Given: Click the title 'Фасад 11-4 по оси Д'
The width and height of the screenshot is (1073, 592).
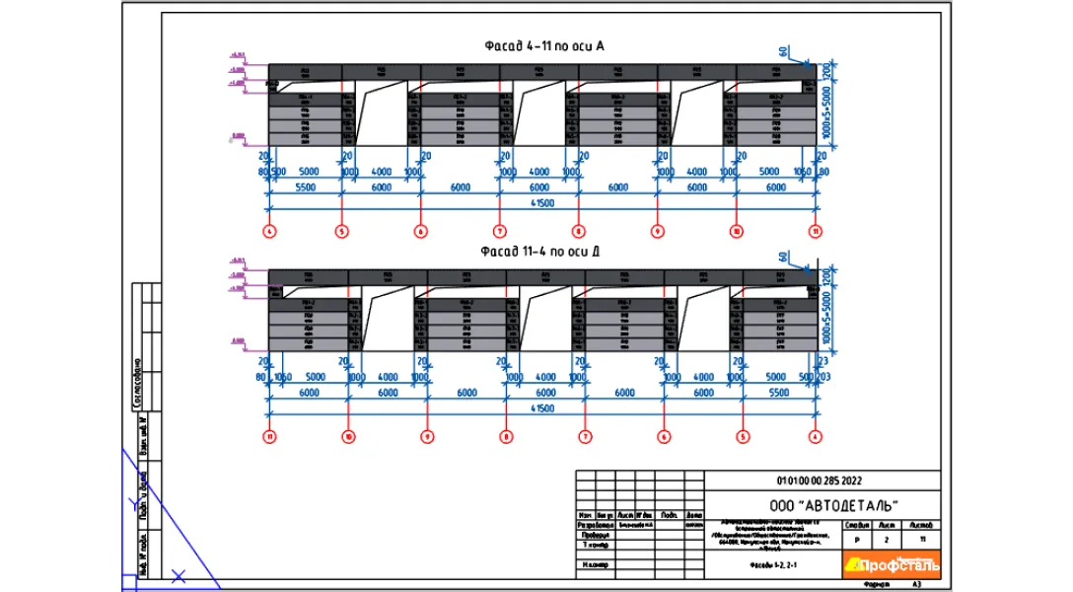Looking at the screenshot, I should [541, 252].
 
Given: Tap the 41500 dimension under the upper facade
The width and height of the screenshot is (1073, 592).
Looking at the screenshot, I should [541, 202].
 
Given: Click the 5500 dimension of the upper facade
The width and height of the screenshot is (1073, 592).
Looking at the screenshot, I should [304, 186].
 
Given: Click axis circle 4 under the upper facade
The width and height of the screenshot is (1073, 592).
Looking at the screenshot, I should [268, 232].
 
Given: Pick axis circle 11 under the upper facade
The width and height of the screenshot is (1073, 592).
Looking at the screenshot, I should [817, 232].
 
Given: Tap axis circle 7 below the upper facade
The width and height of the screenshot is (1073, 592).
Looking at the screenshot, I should [500, 232].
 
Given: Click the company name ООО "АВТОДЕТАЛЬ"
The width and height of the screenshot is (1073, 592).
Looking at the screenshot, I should [820, 505].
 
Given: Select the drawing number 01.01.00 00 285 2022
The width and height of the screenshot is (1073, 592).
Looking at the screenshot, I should [820, 481].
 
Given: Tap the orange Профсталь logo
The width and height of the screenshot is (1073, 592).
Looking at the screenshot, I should [893, 563].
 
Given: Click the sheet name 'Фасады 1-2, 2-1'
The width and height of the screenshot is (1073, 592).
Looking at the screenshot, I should [772, 564].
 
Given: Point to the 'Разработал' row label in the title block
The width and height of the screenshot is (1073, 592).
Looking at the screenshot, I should [594, 527].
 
